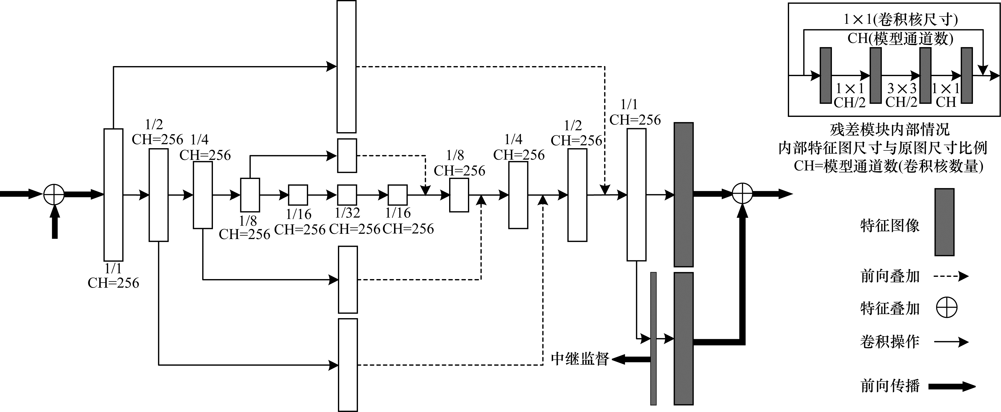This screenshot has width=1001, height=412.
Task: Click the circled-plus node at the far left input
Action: pos(54,194)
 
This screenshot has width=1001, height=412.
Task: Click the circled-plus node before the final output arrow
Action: pos(742,193)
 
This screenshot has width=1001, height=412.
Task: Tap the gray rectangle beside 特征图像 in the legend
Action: pos(944,222)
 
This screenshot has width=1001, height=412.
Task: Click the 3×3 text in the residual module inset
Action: pos(902,89)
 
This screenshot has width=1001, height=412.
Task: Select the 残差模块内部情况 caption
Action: pos(890,130)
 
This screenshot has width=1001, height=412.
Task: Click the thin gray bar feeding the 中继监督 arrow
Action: pos(653,338)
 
